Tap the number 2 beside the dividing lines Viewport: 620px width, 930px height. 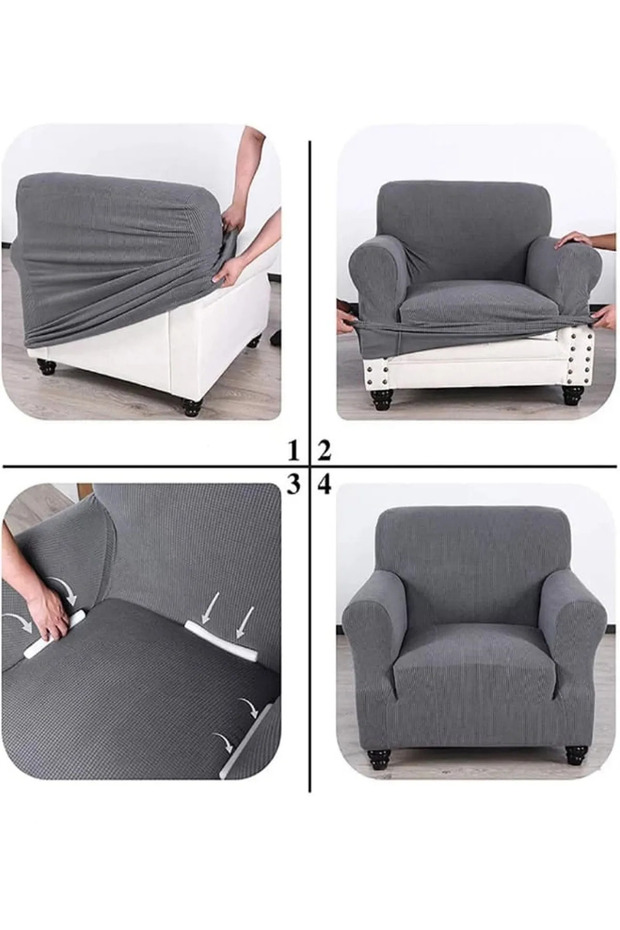coord(324,451)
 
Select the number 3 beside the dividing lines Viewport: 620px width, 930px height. coord(293,485)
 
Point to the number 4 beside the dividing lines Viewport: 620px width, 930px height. coord(324,485)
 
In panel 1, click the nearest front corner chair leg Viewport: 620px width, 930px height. coord(192,407)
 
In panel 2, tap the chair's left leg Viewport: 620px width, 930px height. coord(380,396)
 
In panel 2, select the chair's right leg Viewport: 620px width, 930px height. coord(573,394)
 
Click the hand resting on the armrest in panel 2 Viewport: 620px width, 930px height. coord(574,240)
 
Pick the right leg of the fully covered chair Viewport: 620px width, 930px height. coord(575,754)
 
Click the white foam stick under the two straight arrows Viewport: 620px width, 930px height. coord(221,641)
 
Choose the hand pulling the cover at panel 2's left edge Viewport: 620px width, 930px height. coord(346,317)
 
